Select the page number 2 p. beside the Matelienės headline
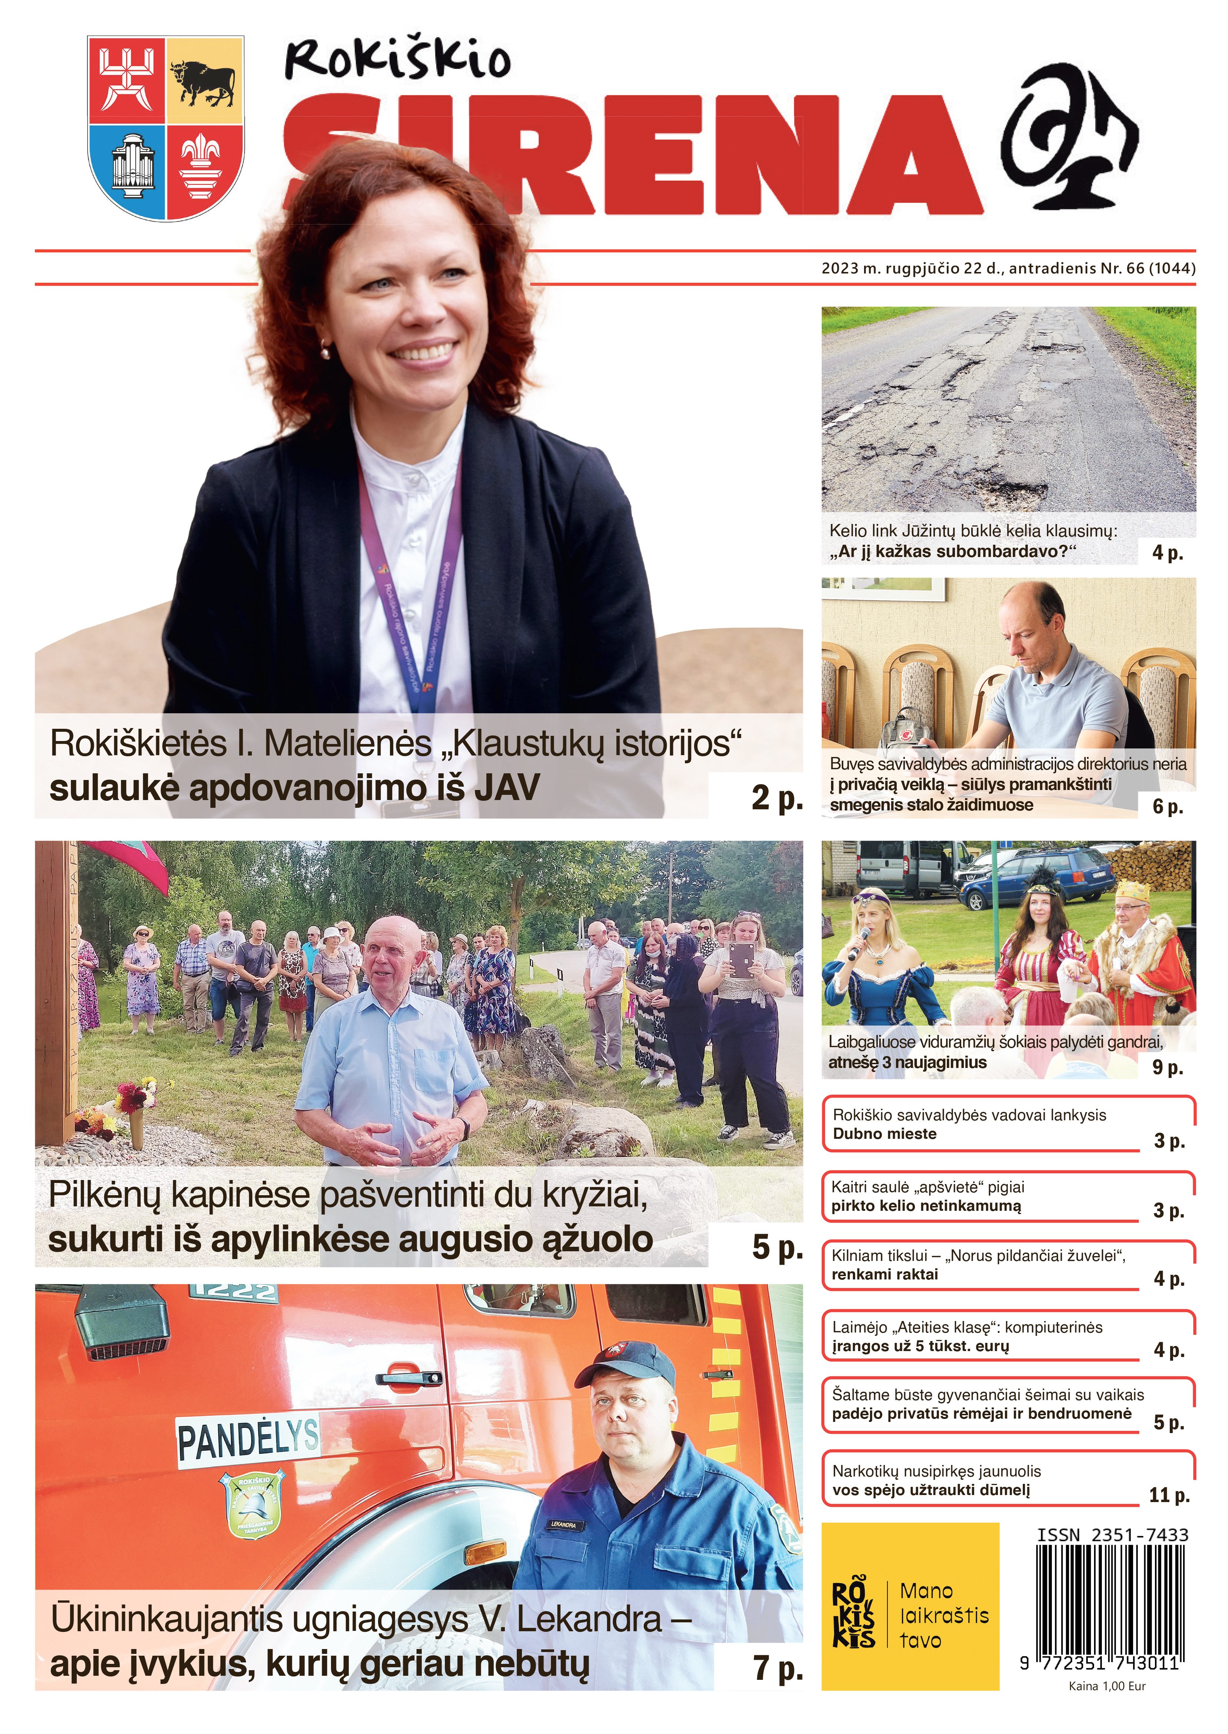pos(776,798)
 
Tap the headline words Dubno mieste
pos(885,1134)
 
